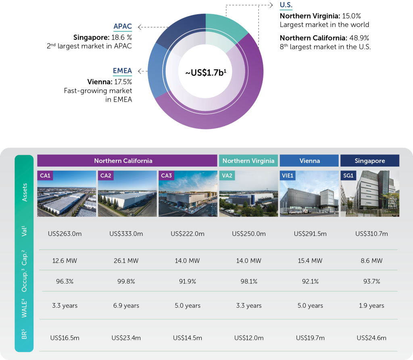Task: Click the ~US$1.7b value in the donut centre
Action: point(206,73)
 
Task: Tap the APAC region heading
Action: point(123,26)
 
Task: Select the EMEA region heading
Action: point(122,71)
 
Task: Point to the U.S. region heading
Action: point(286,5)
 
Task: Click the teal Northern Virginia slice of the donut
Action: point(225,26)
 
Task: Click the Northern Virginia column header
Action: point(248,160)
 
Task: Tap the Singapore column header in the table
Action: point(370,160)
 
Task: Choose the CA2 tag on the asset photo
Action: point(106,175)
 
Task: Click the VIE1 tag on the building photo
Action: point(288,175)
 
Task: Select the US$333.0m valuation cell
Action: point(126,233)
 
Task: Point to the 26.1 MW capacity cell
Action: point(126,261)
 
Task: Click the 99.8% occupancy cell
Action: point(126,281)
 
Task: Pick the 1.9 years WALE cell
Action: point(371,306)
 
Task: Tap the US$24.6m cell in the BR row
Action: point(371,338)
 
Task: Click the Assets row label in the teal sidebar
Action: point(24,192)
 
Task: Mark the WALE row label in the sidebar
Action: point(24,308)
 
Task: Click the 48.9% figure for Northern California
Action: point(359,38)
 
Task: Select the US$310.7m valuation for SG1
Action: point(371,233)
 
